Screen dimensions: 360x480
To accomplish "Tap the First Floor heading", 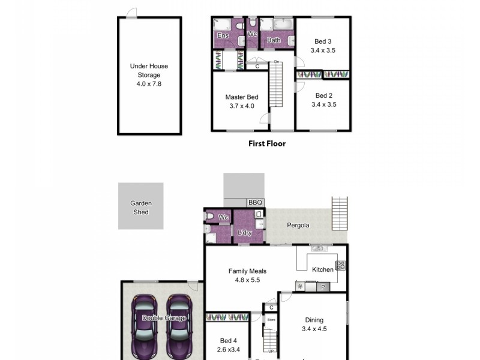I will [267, 143].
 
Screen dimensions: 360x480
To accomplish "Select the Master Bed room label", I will [241, 97].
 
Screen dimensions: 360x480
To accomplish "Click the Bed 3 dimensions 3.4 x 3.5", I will [323, 50].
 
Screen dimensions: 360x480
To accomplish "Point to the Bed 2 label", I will [323, 95].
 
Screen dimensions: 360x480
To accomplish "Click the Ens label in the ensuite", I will [222, 36].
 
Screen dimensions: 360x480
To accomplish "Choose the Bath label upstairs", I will [274, 41].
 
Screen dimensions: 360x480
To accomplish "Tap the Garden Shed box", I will [141, 206].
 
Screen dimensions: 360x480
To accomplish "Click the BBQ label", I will [256, 203].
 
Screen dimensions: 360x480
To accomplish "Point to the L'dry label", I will [244, 233].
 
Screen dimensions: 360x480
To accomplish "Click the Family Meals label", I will [247, 271].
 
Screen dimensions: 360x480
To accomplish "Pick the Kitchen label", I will [322, 270].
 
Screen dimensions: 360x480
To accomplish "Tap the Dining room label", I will [314, 320].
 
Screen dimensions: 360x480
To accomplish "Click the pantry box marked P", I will [323, 287].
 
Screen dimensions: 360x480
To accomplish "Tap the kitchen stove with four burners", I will [340, 265].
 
